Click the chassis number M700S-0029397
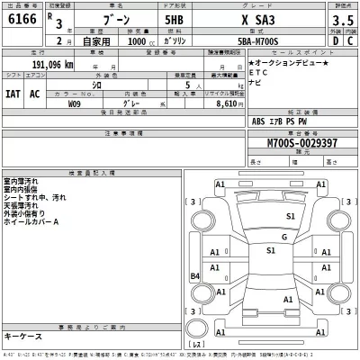point(305,144)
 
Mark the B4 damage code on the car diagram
point(194,276)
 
